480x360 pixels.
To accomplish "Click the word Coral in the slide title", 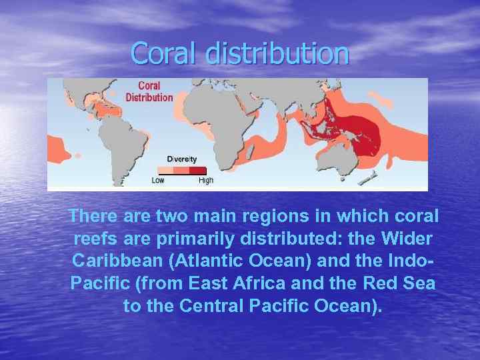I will pos(164,53).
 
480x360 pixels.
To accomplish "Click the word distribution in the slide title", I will pos(277,53).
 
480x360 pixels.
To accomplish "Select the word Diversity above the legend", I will pos(181,159).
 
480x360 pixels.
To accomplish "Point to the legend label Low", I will pos(158,181).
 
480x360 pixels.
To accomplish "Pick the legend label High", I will pos(206,181).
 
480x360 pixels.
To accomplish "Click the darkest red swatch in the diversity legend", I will pos(198,169).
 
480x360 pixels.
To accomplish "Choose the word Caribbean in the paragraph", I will pos(118,261).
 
